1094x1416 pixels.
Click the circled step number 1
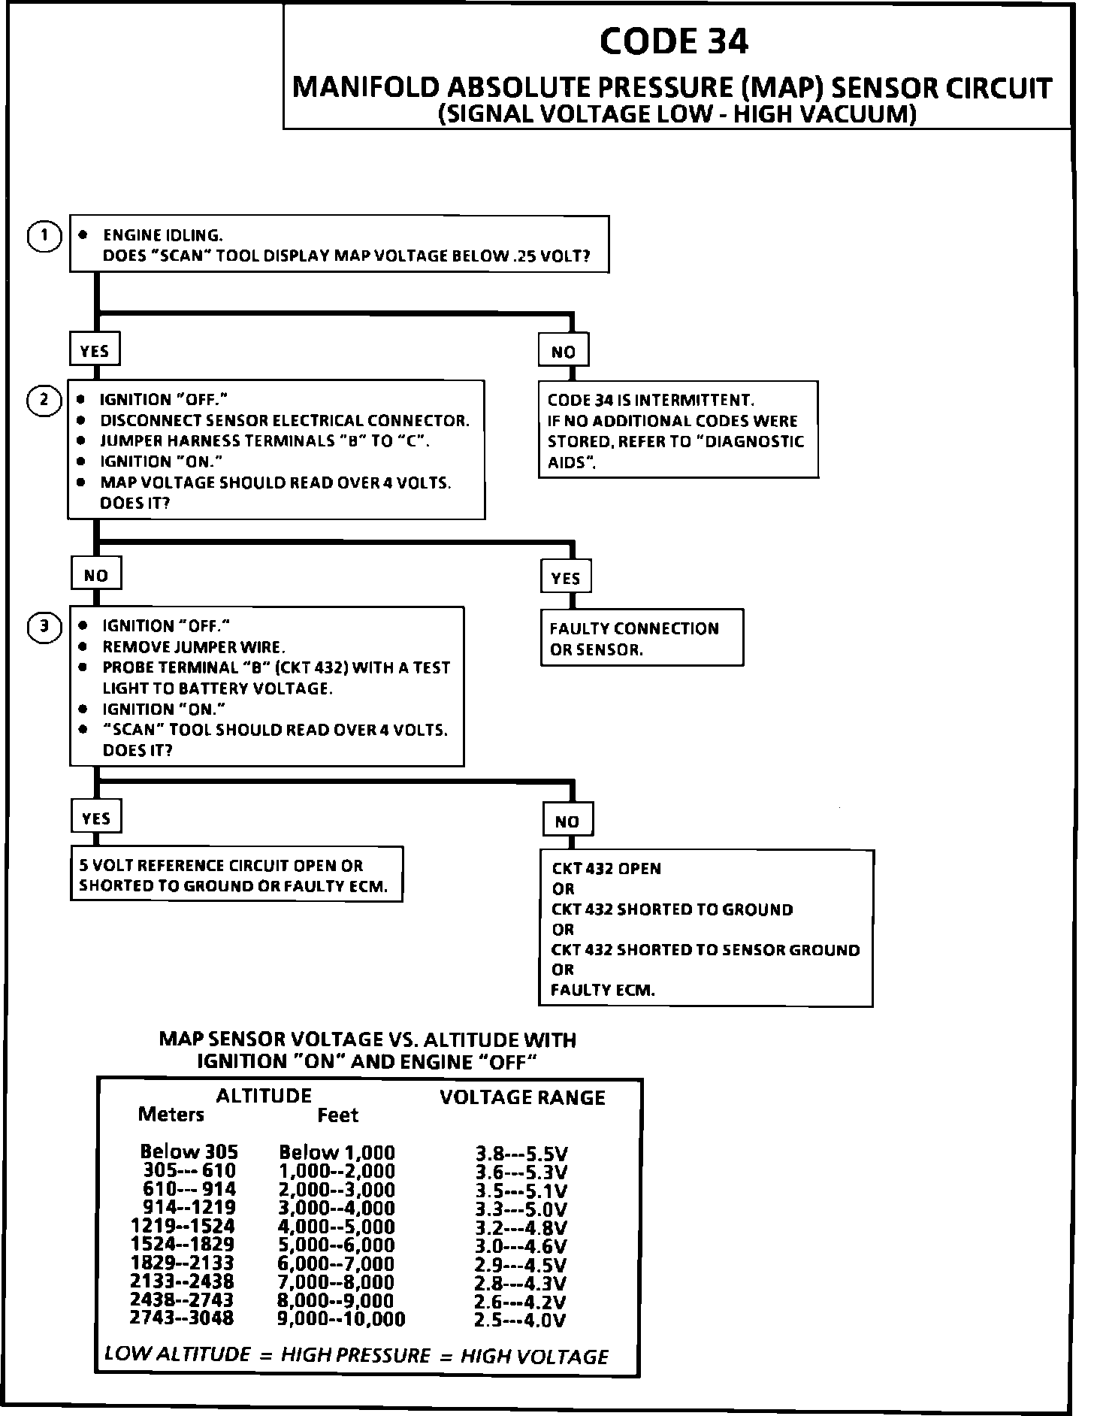[44, 237]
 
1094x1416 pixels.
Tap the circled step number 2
[44, 400]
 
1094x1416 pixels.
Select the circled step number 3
[44, 626]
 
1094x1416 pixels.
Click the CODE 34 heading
[674, 41]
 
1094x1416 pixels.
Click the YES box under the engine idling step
[95, 351]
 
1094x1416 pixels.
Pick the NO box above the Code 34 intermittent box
[564, 352]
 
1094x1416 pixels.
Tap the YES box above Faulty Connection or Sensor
[566, 578]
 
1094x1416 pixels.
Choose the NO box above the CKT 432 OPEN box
[567, 821]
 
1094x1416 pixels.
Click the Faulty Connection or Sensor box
[642, 638]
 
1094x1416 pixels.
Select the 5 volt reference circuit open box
[236, 875]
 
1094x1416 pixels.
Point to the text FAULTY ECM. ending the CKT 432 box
[603, 991]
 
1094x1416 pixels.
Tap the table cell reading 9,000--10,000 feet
[341, 1318]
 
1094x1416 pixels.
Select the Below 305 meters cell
[189, 1151]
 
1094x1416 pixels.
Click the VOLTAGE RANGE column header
[522, 1098]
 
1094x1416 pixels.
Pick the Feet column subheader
[337, 1115]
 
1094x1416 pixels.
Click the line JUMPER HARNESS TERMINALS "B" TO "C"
[264, 441]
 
